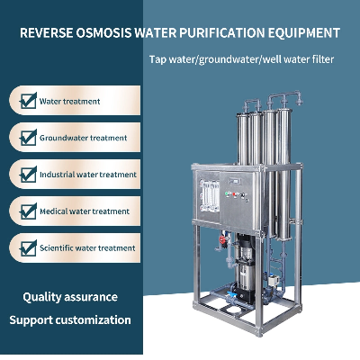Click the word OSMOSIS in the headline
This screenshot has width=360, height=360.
click(x=103, y=32)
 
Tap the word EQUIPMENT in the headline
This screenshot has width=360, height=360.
click(x=303, y=32)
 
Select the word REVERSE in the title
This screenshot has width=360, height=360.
click(x=46, y=32)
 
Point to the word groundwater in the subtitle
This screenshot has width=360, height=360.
click(x=229, y=59)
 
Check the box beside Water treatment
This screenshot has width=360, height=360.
click(x=28, y=101)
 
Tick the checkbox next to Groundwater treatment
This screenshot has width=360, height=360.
click(x=28, y=138)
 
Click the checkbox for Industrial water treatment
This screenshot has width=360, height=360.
click(x=28, y=175)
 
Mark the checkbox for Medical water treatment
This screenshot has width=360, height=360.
click(x=28, y=211)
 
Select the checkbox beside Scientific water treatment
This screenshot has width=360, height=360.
click(x=28, y=248)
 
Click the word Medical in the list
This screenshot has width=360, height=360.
click(x=54, y=211)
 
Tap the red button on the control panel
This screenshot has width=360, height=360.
click(x=234, y=194)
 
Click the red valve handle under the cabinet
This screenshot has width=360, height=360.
click(x=222, y=239)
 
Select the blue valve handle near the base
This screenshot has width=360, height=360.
click(x=230, y=294)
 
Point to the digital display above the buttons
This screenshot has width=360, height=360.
click(x=235, y=182)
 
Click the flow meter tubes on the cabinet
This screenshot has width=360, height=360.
click(x=210, y=196)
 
